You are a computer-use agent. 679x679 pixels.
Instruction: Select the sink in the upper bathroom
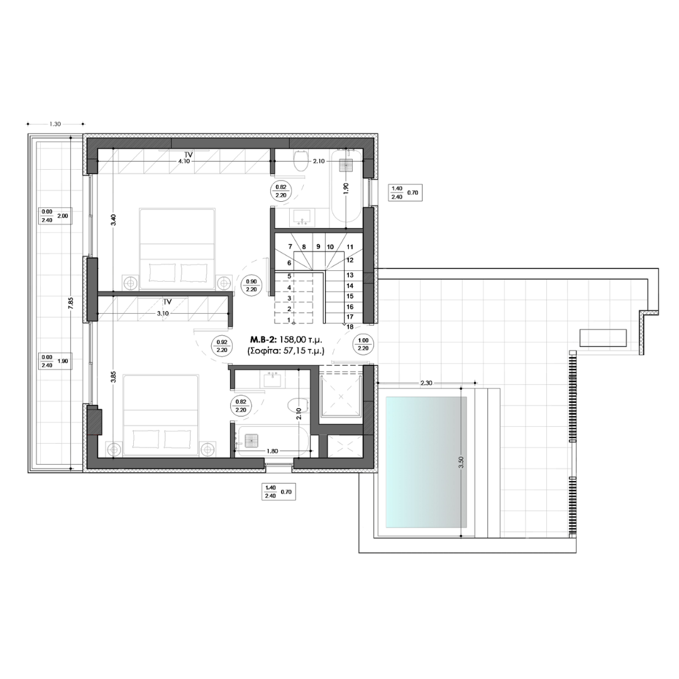tap(302, 218)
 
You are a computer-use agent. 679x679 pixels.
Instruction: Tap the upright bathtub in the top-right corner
tap(346, 186)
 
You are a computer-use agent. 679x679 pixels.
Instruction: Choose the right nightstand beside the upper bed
tap(224, 283)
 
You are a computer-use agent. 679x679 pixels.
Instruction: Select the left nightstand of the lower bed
tap(114, 448)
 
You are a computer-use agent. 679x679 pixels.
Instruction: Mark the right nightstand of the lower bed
tap(209, 448)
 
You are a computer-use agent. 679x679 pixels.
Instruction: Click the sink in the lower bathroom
tap(272, 379)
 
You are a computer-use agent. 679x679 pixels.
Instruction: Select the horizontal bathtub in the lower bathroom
tap(272, 441)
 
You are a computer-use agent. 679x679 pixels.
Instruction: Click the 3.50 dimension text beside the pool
tap(461, 463)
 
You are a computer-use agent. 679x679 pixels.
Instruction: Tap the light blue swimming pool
tap(425, 463)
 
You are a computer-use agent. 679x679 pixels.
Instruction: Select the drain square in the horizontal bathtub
tap(251, 441)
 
